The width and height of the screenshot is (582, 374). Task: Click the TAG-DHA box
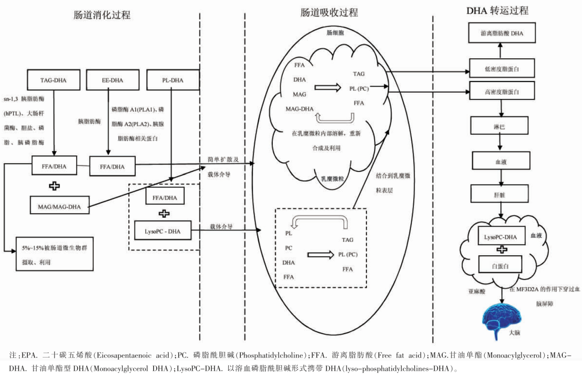coord(54,80)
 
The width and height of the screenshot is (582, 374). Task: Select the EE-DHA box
coord(112,80)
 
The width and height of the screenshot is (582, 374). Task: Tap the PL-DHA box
coord(173,80)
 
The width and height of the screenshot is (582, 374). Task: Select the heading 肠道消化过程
coord(102,15)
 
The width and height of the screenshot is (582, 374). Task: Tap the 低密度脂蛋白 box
coord(501,69)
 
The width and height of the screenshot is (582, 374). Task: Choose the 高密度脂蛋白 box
coord(501,92)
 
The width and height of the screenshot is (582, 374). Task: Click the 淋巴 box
coord(501,125)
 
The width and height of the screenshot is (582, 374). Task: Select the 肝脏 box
coord(501,194)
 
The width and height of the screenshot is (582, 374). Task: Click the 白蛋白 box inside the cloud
coord(501,265)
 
